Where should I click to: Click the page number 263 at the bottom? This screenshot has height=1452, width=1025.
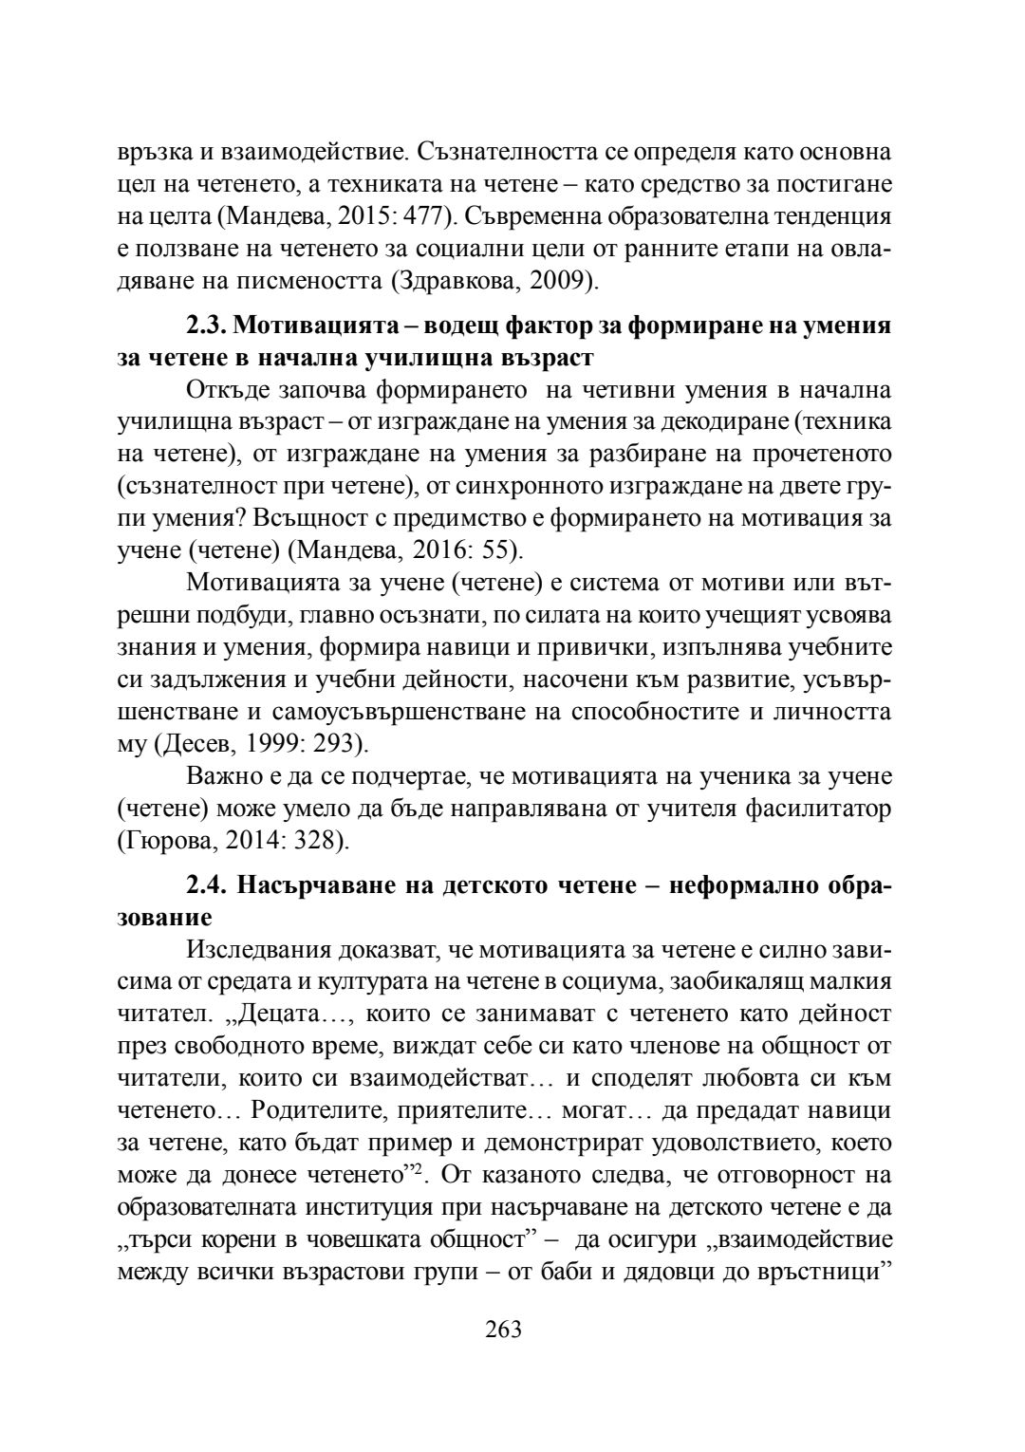pyautogui.click(x=503, y=1329)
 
